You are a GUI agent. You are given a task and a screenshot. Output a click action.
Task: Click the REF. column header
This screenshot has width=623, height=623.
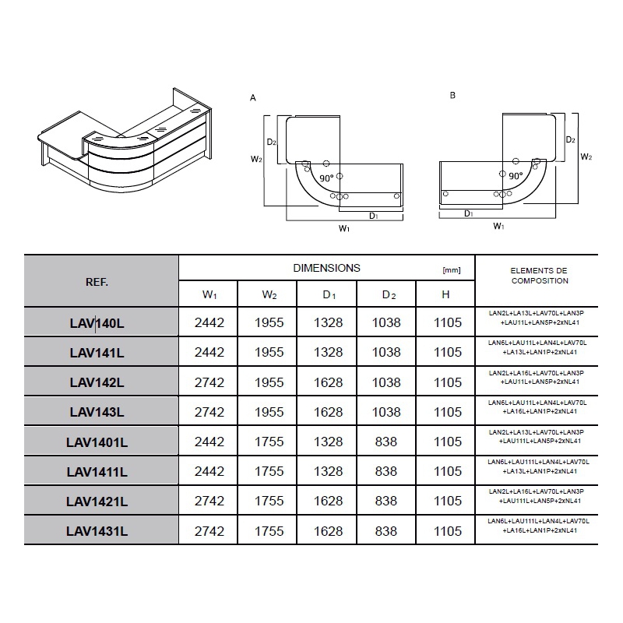(x=97, y=282)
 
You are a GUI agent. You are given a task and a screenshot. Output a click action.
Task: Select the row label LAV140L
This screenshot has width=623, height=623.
(x=97, y=323)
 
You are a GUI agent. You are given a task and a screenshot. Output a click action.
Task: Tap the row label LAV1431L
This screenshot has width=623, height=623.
(x=97, y=531)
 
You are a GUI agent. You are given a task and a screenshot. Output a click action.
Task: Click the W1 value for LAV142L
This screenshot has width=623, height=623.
(x=209, y=382)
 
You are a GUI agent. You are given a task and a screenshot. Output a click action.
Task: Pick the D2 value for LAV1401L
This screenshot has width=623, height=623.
(x=386, y=442)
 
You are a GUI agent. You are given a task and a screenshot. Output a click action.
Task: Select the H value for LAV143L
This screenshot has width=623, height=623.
(x=448, y=412)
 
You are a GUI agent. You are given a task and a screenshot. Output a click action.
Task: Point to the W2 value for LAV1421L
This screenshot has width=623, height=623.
(x=269, y=501)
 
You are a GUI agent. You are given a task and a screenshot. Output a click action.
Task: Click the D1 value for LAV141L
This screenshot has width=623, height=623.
(x=328, y=352)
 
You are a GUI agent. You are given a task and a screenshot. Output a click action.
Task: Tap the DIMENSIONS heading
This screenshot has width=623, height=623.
(x=326, y=268)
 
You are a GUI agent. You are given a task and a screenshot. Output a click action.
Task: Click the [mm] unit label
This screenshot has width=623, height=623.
(x=452, y=270)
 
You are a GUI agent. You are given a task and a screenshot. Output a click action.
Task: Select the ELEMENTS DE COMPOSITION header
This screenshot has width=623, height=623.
(x=539, y=276)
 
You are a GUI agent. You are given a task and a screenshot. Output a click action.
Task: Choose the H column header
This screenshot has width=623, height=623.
(x=445, y=294)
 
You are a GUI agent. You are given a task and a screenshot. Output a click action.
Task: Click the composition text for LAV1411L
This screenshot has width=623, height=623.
(x=539, y=466)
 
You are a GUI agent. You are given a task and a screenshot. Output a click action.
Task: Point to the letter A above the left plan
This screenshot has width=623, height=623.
(x=252, y=98)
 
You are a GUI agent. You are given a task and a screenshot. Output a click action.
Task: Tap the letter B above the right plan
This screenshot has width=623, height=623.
(x=452, y=95)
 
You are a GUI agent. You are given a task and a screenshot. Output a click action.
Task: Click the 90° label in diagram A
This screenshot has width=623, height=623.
(x=326, y=178)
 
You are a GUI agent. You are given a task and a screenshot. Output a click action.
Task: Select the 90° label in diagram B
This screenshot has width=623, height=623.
(x=516, y=176)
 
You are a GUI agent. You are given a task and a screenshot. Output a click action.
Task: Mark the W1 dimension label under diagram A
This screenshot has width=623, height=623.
(x=344, y=228)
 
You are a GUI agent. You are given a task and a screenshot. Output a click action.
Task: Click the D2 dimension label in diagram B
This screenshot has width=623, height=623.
(x=571, y=140)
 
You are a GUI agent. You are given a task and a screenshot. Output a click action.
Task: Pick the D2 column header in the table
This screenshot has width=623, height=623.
(x=389, y=295)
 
